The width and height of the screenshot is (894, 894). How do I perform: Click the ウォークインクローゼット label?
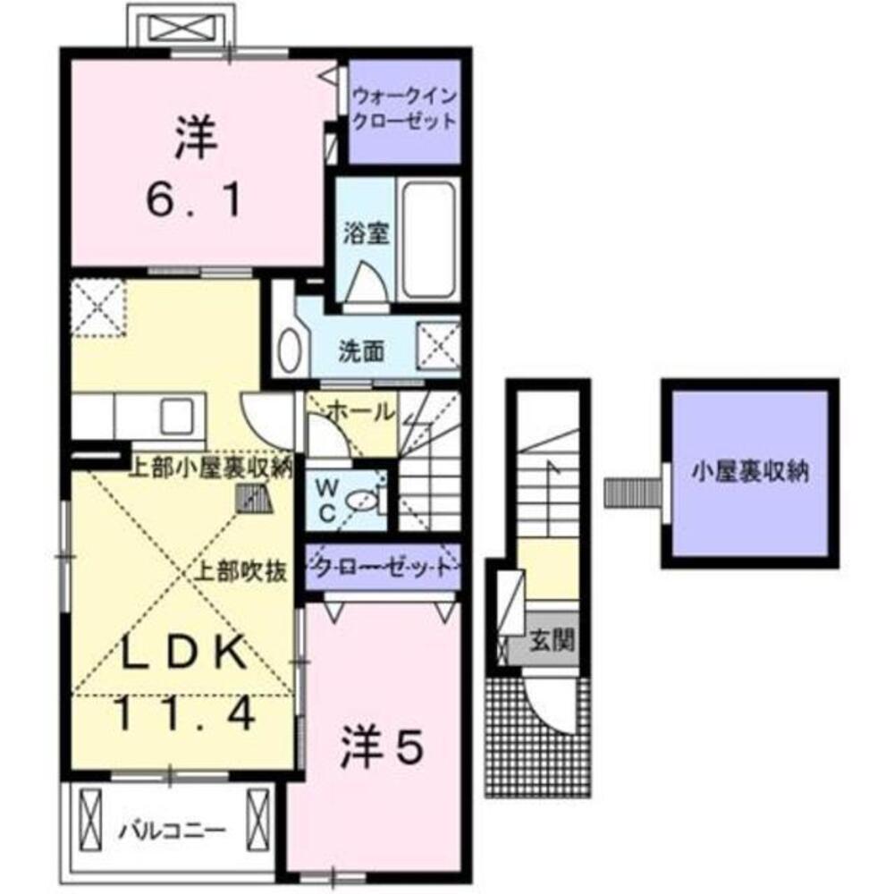(x=405, y=109)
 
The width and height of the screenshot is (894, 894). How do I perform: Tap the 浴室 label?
(x=366, y=233)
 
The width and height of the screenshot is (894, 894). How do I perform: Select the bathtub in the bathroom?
(x=429, y=239)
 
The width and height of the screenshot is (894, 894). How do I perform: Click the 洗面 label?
(x=361, y=351)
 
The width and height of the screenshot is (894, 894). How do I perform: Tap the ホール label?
(x=361, y=411)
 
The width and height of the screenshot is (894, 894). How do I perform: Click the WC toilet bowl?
(x=361, y=502)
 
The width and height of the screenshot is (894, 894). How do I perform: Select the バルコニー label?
(x=172, y=831)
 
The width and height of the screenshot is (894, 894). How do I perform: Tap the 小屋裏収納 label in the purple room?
(x=750, y=473)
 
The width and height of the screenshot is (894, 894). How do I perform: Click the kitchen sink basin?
(x=176, y=417)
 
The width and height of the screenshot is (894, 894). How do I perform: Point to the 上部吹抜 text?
(x=241, y=572)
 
